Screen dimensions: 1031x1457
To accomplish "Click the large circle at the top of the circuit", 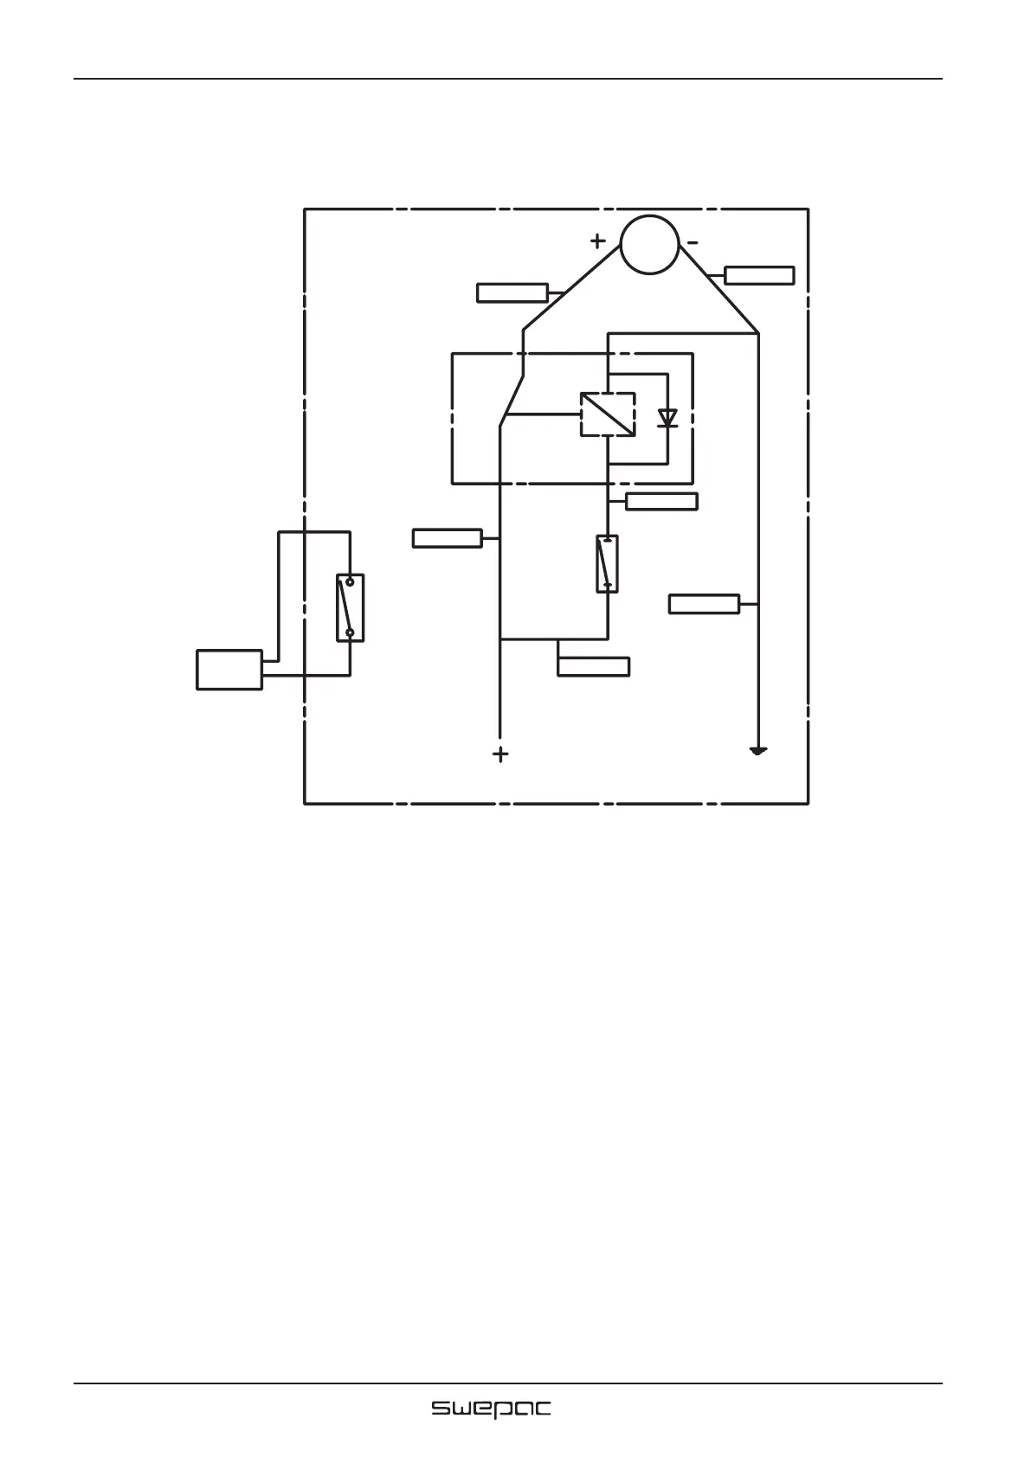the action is click(650, 244).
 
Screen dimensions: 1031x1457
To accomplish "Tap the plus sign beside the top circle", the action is click(598, 241).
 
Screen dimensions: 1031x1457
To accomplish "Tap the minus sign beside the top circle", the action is click(693, 241).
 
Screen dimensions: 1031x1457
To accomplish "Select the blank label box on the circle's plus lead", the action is click(512, 292).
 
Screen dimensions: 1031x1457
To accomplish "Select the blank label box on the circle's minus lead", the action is click(759, 275).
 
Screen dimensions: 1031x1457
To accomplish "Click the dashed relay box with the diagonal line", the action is click(607, 414).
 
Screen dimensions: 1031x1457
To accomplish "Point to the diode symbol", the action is click(667, 418).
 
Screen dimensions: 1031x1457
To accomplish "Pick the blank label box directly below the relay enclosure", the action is click(661, 501).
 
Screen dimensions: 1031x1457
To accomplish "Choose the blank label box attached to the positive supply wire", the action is click(447, 538).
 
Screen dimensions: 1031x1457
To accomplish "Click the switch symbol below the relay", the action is click(607, 563).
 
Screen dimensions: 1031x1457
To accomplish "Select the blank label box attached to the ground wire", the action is click(705, 603).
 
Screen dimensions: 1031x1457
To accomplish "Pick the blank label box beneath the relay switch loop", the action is click(593, 666).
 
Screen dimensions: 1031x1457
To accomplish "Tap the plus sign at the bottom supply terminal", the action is click(500, 754).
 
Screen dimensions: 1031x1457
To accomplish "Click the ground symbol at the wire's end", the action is click(758, 751).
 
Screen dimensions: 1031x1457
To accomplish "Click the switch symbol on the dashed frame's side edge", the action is click(350, 607).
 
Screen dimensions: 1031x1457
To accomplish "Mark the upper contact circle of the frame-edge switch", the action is click(350, 582).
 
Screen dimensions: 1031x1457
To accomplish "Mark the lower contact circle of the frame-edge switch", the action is click(350, 632).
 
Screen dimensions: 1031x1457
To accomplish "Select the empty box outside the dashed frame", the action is click(229, 670).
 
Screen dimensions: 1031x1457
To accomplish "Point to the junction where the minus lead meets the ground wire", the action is click(758, 333).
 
